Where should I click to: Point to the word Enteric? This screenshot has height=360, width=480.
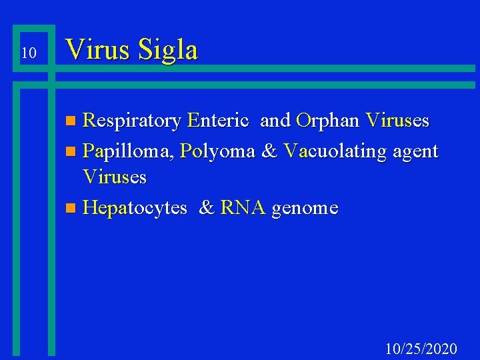219,121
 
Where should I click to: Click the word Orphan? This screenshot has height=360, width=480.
327,121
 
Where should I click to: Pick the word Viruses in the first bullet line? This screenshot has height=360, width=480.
397,121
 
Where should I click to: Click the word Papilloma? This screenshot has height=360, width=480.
129,152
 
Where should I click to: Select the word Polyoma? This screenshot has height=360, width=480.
217,152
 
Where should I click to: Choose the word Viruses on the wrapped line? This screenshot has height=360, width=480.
114,177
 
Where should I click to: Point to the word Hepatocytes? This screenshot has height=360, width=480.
135,209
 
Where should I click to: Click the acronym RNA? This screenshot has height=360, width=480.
243,208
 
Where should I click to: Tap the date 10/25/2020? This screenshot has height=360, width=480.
421,349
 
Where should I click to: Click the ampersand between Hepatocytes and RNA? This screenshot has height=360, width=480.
207,208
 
